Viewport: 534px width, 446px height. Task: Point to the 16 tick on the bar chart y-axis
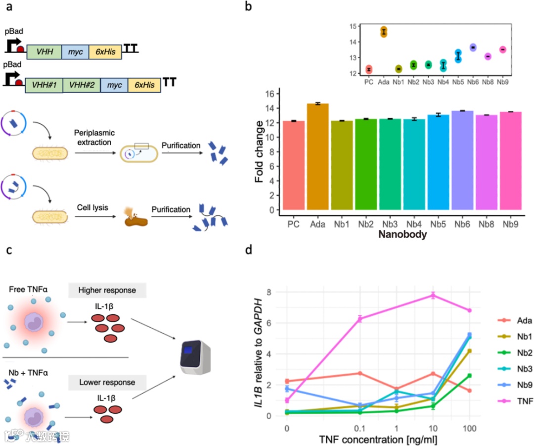coord(271,94)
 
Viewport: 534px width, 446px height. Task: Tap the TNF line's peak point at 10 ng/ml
coord(433,296)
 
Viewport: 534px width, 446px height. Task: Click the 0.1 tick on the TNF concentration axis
coord(360,427)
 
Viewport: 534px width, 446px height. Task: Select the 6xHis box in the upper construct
coord(103,52)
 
